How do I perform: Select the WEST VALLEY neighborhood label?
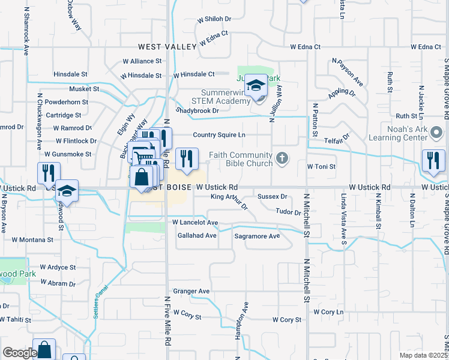pyautogui.click(x=167, y=47)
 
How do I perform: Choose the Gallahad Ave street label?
pyautogui.click(x=197, y=236)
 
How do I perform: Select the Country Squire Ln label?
pyautogui.click(x=219, y=135)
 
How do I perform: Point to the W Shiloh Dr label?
pyautogui.click(x=210, y=19)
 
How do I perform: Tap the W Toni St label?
pyautogui.click(x=321, y=166)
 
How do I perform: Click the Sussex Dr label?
pyautogui.click(x=272, y=196)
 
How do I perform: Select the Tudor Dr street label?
pyautogui.click(x=288, y=212)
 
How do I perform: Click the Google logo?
pyautogui.click(x=19, y=352)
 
